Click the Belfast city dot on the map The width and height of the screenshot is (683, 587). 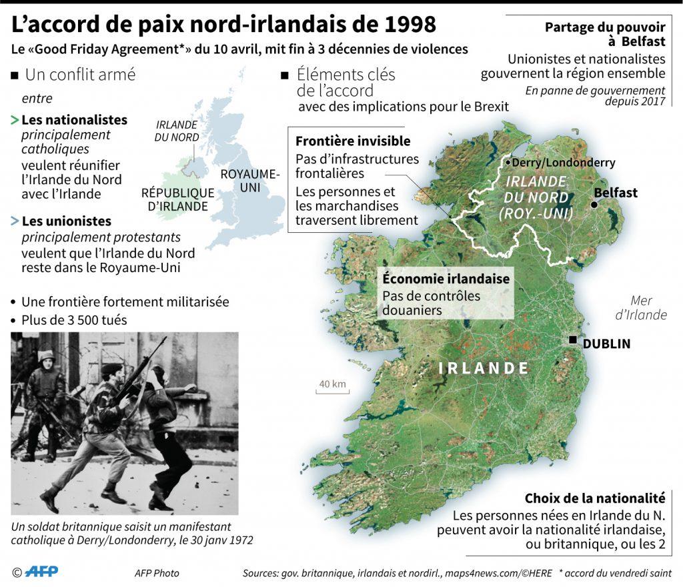(x=594, y=204)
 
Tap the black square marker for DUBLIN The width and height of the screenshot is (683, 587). (x=573, y=340)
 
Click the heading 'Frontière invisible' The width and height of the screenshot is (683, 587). (x=353, y=141)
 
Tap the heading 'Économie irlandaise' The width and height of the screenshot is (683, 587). (x=446, y=279)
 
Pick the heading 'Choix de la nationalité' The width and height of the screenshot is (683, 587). (x=595, y=498)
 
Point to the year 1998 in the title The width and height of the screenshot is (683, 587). (x=406, y=25)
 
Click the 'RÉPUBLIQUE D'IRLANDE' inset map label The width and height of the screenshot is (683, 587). (x=177, y=199)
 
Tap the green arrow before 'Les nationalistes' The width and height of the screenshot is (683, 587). (x=15, y=121)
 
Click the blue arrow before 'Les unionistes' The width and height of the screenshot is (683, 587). (x=15, y=221)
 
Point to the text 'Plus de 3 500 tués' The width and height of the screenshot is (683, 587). (x=73, y=320)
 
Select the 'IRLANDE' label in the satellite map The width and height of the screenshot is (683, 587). (x=483, y=368)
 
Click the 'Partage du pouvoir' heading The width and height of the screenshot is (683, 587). (x=604, y=27)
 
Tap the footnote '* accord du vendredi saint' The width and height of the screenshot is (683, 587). (x=615, y=573)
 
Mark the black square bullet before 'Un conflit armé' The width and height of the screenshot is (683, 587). (x=15, y=75)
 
